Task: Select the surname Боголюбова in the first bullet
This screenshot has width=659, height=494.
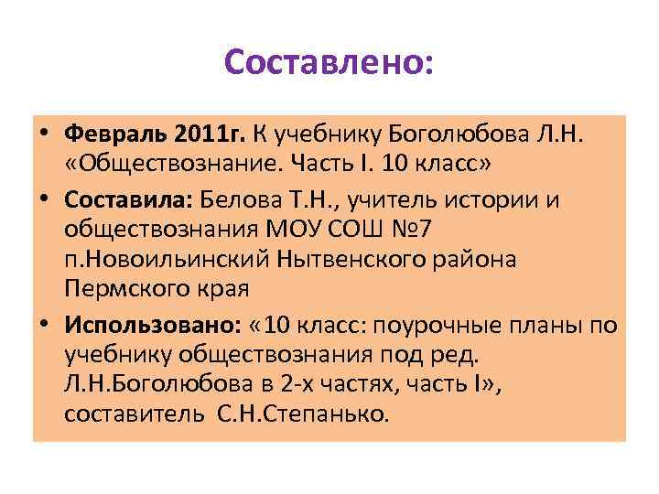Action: (x=448, y=135)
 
